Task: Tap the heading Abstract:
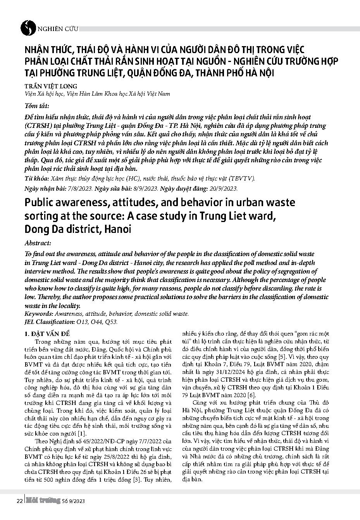37,243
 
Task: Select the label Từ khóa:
35,179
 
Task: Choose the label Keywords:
39,314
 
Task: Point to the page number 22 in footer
19,501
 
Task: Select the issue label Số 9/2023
73,501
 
